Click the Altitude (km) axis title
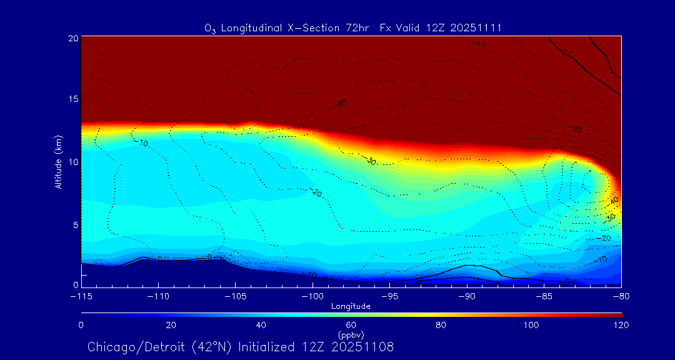58,161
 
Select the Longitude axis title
351,306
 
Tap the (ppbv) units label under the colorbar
351,334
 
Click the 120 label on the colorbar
622,325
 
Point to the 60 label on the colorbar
351,325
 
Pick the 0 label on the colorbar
81,325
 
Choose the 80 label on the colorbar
441,325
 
